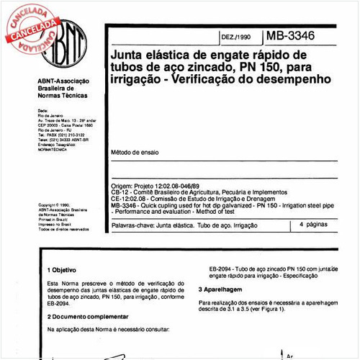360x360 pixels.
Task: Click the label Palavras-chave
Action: tap(131, 226)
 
